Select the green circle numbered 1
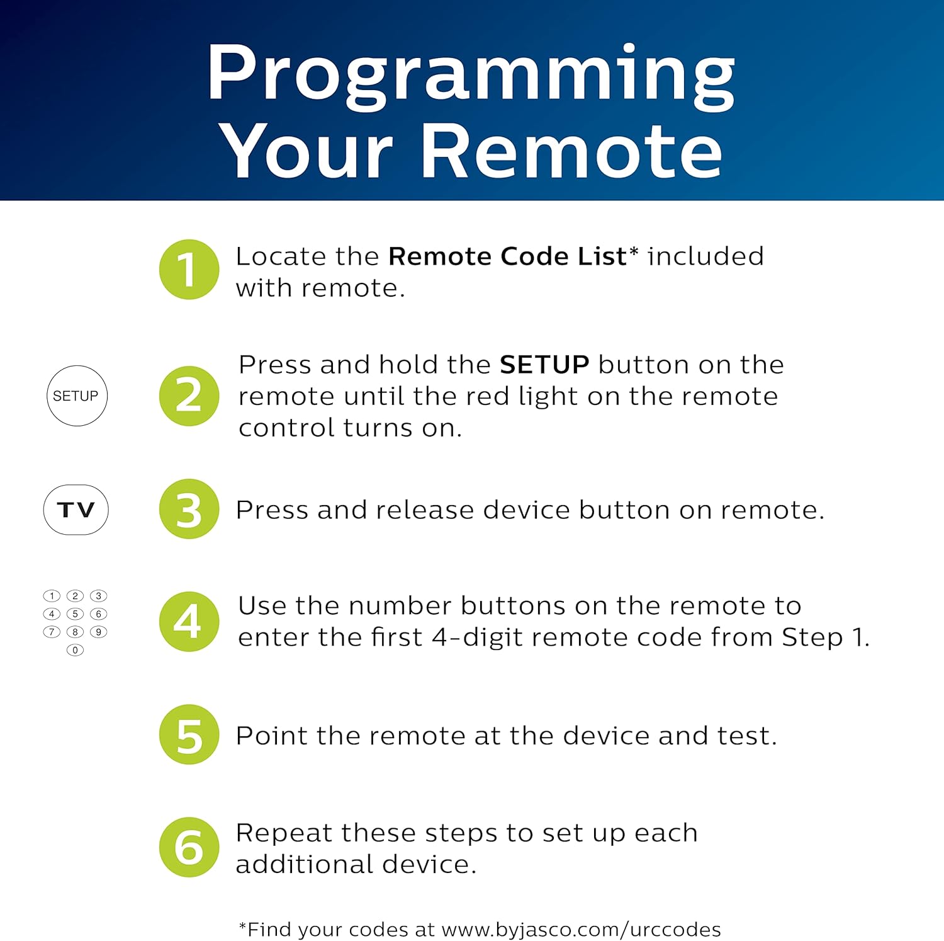(189, 270)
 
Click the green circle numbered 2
(189, 396)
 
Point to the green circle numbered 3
(189, 509)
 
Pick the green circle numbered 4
(189, 622)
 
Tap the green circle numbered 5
(189, 734)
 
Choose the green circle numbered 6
(189, 847)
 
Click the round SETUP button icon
(77, 396)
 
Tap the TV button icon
(76, 510)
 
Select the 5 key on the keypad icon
(75, 613)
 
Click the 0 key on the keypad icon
(75, 650)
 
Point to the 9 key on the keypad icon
(99, 632)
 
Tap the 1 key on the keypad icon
(52, 596)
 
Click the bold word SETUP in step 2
(544, 365)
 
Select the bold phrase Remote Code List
(507, 257)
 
